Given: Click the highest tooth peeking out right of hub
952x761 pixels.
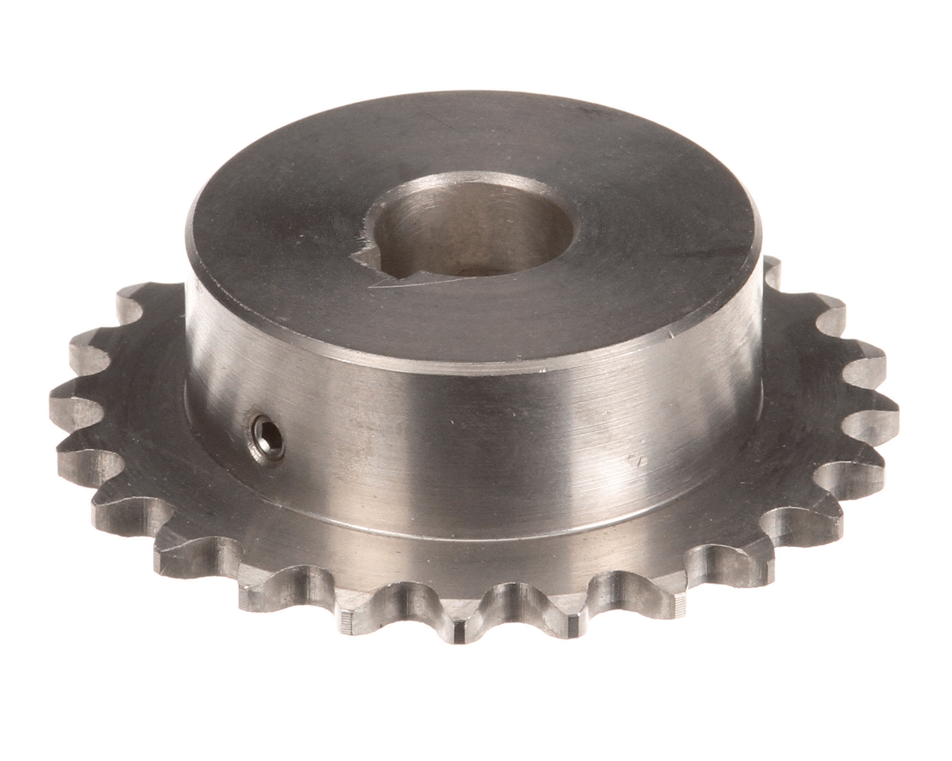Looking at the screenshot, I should (773, 270).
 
